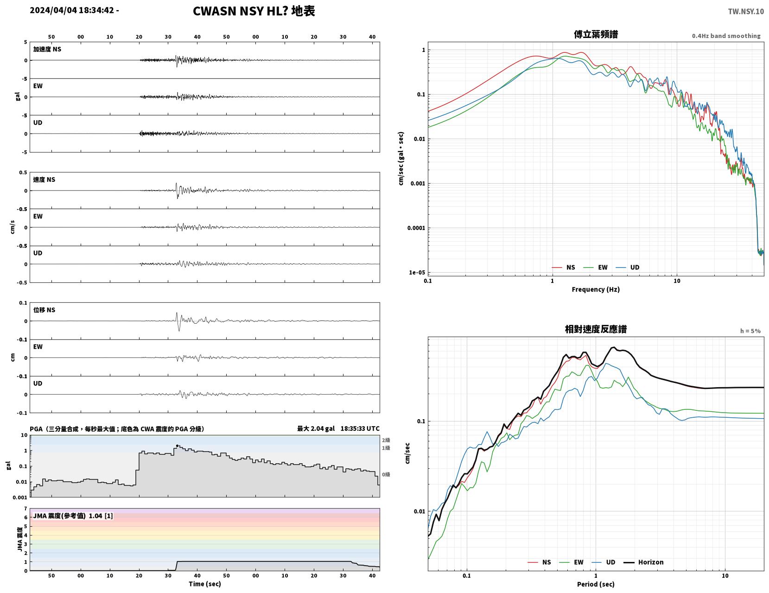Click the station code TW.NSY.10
click(x=746, y=11)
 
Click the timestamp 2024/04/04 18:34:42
click(x=72, y=10)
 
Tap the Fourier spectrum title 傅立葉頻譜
click(x=596, y=34)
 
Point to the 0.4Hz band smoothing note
click(x=726, y=36)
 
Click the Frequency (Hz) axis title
click(x=596, y=289)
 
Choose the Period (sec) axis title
click(x=596, y=584)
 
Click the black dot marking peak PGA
click(x=177, y=446)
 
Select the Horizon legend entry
click(x=643, y=562)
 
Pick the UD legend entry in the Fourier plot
click(x=628, y=268)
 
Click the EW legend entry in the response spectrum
click(x=572, y=562)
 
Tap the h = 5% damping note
click(x=750, y=331)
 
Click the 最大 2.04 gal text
click(x=316, y=429)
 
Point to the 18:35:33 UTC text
click(x=360, y=429)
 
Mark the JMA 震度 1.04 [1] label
click(x=73, y=516)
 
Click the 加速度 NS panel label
click(x=47, y=49)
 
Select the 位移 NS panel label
click(x=44, y=310)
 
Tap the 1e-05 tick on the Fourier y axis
click(x=417, y=273)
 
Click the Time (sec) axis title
click(x=204, y=584)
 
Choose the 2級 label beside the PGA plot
click(x=386, y=440)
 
